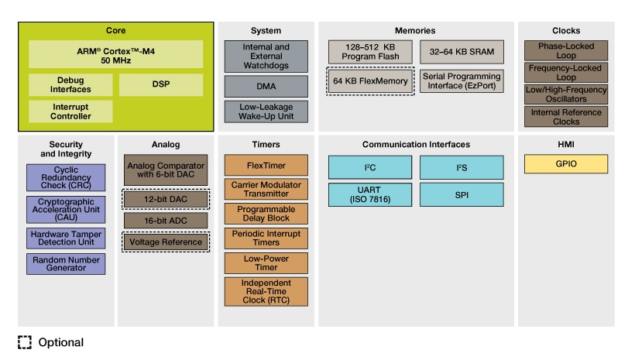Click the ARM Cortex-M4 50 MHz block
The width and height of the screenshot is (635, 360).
115,54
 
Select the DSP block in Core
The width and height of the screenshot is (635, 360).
161,84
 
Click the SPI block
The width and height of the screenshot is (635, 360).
462,194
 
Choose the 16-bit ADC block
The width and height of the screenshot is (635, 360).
166,220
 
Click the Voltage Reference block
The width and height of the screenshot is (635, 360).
166,242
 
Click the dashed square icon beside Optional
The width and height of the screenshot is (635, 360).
25,342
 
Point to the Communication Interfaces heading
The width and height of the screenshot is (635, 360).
416,144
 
